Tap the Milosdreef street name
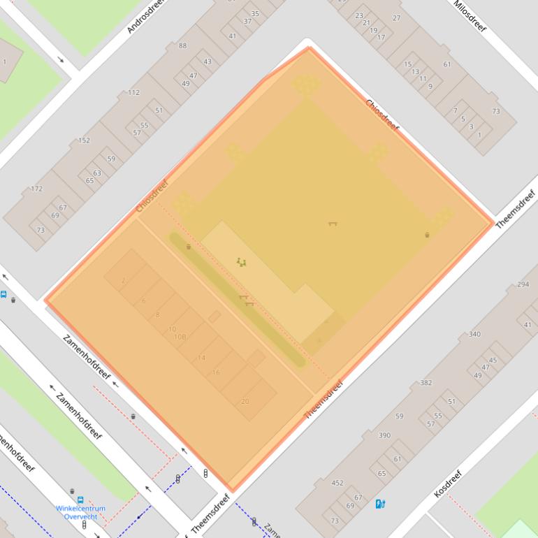coord(470,16)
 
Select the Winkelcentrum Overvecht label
coord(81,512)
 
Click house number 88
coord(183,46)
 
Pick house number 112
coord(133,92)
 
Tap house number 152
coord(84,140)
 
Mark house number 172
coord(36,189)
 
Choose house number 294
coord(523,285)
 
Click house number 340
coord(474,334)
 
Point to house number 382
coord(426,383)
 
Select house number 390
coord(384,435)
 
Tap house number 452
coord(337,483)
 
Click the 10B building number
coord(180,337)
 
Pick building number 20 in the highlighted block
coord(245,402)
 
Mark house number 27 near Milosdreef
coord(397,18)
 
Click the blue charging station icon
coord(380,504)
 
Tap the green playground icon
coord(241,262)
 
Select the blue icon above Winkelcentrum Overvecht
coord(80,500)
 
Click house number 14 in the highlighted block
coord(202,358)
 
